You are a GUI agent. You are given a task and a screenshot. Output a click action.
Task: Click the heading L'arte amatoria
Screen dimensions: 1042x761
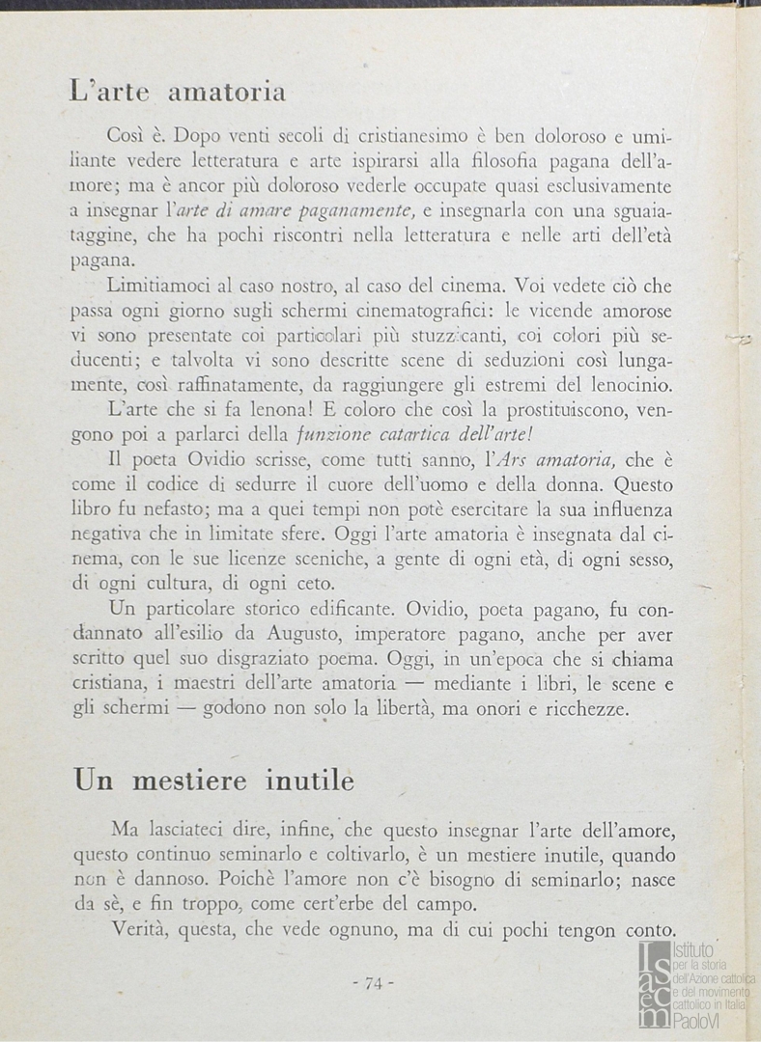click(x=179, y=93)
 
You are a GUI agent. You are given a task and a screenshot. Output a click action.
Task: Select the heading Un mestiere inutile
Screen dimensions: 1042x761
click(x=213, y=781)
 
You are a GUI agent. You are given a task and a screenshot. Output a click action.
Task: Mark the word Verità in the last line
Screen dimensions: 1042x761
click(x=145, y=930)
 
